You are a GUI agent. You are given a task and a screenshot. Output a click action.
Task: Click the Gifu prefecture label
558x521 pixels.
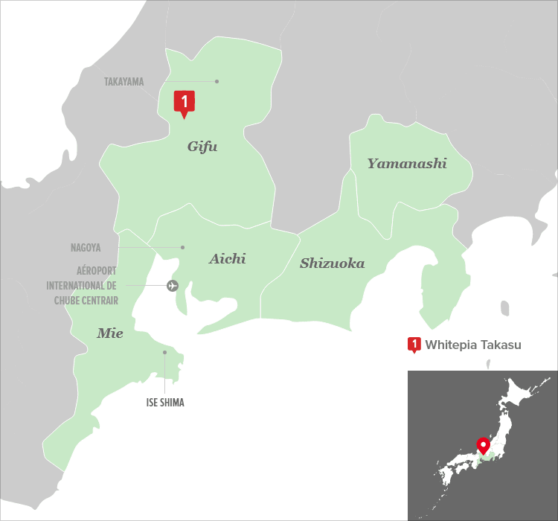coord(202,147)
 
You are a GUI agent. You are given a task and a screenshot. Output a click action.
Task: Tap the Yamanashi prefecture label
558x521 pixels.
coord(407,164)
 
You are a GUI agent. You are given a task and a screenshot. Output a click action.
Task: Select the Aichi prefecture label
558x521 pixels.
coord(227,259)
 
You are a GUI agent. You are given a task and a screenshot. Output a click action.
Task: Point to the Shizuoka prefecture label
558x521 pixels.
coord(332,263)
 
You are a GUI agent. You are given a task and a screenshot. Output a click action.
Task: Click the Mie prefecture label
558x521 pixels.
coord(109,333)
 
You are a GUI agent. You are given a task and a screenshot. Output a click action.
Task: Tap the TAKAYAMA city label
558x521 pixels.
coord(124,82)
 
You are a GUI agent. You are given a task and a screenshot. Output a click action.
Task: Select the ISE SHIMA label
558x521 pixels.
coord(164,403)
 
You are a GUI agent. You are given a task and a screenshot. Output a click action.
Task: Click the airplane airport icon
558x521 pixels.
coord(173,285)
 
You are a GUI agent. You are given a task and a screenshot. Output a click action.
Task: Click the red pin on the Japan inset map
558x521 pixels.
coord(483,445)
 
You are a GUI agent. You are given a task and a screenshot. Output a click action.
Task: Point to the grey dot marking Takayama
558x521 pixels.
coord(217,81)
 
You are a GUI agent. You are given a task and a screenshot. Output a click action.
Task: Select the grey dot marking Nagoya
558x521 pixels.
coord(182,247)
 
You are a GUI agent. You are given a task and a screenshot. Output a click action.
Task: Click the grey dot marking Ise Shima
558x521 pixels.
coord(164,353)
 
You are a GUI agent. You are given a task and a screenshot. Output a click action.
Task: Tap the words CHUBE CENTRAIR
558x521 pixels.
coord(86,300)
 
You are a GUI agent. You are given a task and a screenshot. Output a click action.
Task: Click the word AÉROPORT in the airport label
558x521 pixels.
coord(97,272)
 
